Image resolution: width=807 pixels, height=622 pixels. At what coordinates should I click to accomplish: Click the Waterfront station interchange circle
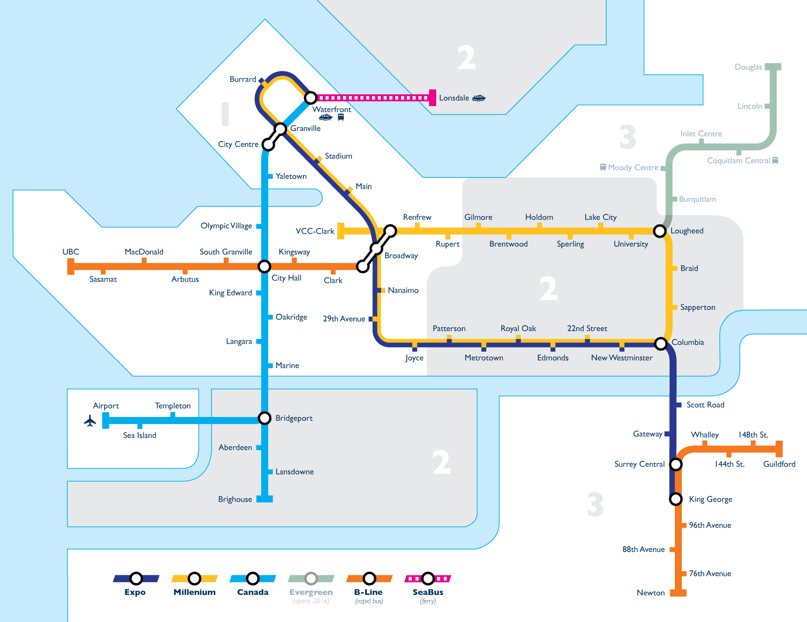coord(311,98)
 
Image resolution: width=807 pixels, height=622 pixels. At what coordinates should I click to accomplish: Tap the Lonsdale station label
coord(454,98)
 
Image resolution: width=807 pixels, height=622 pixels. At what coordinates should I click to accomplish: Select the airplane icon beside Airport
coord(90,421)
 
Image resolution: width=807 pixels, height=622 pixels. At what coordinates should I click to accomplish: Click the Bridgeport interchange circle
coord(265,418)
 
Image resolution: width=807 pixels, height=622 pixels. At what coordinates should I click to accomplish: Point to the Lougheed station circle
coord(659,231)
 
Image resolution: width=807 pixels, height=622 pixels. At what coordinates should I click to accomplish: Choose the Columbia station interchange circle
coord(660,344)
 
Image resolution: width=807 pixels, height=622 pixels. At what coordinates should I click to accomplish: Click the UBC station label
coord(71,252)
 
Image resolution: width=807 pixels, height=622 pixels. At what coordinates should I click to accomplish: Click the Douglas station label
coord(748,67)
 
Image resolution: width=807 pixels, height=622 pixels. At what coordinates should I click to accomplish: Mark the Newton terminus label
coord(651,593)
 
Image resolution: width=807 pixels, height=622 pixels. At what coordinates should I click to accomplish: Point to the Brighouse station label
coord(235,499)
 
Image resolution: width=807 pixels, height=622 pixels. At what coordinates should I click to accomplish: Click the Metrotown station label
coord(484,358)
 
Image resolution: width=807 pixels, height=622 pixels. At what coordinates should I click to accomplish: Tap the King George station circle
coord(676,499)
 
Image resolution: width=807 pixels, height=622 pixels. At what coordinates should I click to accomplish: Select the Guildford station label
coord(779,464)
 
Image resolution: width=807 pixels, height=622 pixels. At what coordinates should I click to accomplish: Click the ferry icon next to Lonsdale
coord(479,98)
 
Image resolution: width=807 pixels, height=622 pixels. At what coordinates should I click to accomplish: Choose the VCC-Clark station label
coord(315,231)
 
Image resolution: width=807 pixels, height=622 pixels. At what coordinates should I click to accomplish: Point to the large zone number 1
coord(225,114)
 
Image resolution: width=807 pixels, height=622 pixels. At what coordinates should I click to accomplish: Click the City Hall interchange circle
coord(264,266)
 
